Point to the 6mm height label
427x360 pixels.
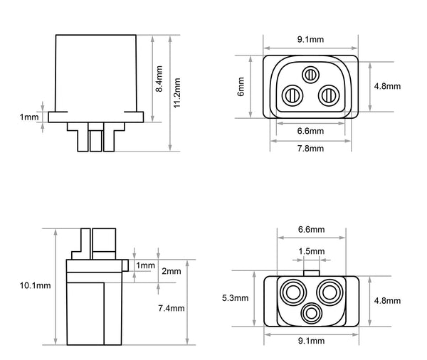click(242, 88)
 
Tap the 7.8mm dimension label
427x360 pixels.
click(310, 149)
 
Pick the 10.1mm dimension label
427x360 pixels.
click(36, 286)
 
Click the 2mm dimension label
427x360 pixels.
click(172, 272)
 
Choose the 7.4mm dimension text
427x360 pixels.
click(171, 308)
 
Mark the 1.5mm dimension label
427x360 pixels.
click(312, 251)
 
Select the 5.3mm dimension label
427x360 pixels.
click(236, 299)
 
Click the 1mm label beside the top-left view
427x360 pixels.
click(28, 116)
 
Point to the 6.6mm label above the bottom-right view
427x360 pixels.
click(310, 230)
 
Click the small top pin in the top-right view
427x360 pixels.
click(310, 74)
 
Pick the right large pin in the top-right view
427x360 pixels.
click(327, 94)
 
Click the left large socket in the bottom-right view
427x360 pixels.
click(293, 291)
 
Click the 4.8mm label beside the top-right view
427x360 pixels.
click(387, 86)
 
